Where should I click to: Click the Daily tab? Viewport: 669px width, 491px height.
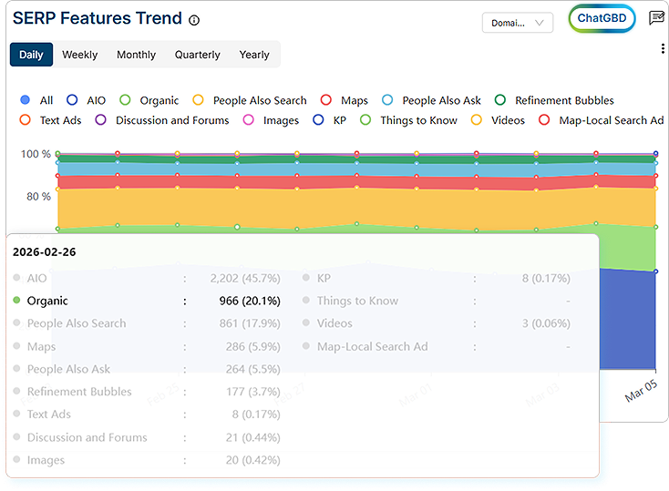point(31,55)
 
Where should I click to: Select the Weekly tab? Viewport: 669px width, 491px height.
point(79,55)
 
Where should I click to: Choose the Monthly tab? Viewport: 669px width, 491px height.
point(136,55)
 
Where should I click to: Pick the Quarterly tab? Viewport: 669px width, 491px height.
point(197,55)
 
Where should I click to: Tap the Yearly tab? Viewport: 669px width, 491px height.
point(253,55)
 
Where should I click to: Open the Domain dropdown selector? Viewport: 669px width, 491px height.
point(517,23)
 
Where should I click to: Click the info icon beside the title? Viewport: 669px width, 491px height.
point(194,20)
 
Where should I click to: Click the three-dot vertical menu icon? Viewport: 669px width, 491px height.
point(663,49)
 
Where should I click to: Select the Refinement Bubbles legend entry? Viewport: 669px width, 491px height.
point(555,100)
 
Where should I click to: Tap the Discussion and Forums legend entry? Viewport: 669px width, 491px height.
point(163,120)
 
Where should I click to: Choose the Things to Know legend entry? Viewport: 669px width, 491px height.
point(410,120)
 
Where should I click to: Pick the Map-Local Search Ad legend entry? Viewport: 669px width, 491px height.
point(602,120)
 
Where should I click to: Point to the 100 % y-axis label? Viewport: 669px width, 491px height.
point(36,154)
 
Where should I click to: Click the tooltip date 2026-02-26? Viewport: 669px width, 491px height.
point(45,251)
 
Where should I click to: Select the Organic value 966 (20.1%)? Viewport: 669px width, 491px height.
point(245,301)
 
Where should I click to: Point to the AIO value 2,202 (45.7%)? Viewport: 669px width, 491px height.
point(245,278)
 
